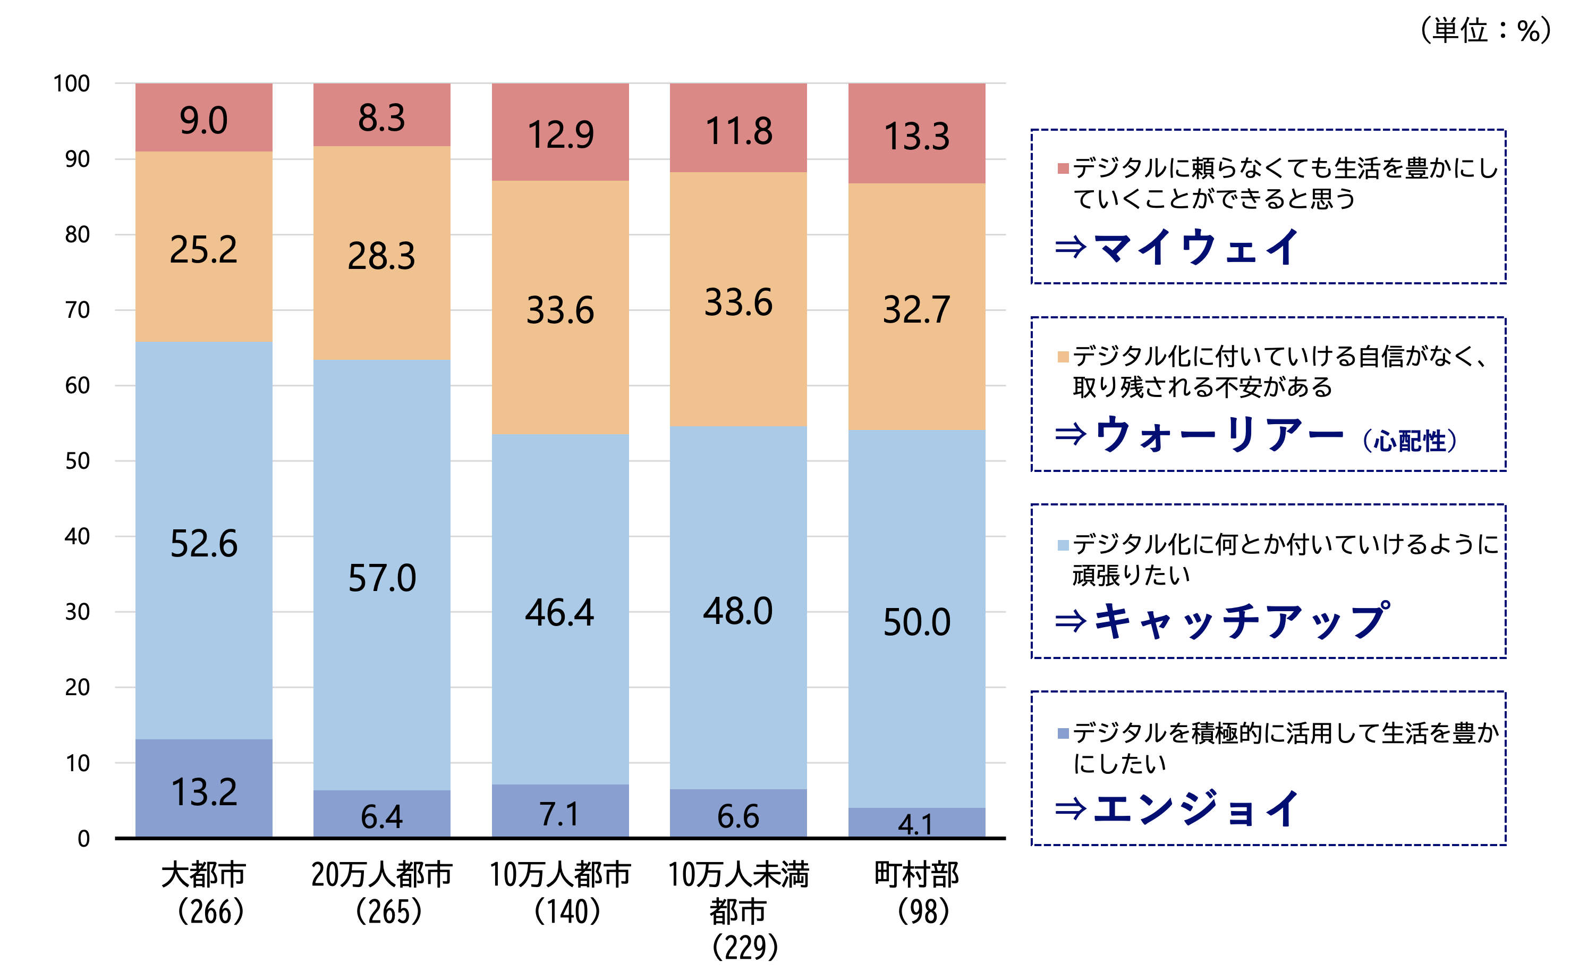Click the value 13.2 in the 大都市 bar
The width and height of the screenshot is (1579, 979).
tap(204, 792)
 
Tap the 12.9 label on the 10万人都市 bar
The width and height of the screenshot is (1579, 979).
tap(561, 134)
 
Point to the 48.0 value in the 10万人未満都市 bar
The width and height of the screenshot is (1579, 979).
tap(738, 611)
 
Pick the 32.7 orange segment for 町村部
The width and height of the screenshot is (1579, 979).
tap(916, 309)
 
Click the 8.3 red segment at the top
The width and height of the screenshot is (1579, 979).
tap(382, 118)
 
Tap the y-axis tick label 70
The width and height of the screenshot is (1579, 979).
tap(77, 310)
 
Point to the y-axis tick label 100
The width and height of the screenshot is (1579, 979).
tap(71, 83)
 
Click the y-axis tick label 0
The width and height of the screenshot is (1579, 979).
tap(83, 839)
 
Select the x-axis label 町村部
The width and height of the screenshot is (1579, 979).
tap(916, 875)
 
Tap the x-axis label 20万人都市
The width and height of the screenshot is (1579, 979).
tap(382, 875)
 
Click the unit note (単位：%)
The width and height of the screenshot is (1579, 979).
tap(1484, 30)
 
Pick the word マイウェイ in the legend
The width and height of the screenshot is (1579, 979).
tap(1196, 247)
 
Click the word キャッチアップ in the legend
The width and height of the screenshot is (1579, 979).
tap(1241, 621)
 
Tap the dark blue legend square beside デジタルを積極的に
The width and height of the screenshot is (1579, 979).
tap(1063, 733)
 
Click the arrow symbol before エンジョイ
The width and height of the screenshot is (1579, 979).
tap(1071, 808)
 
